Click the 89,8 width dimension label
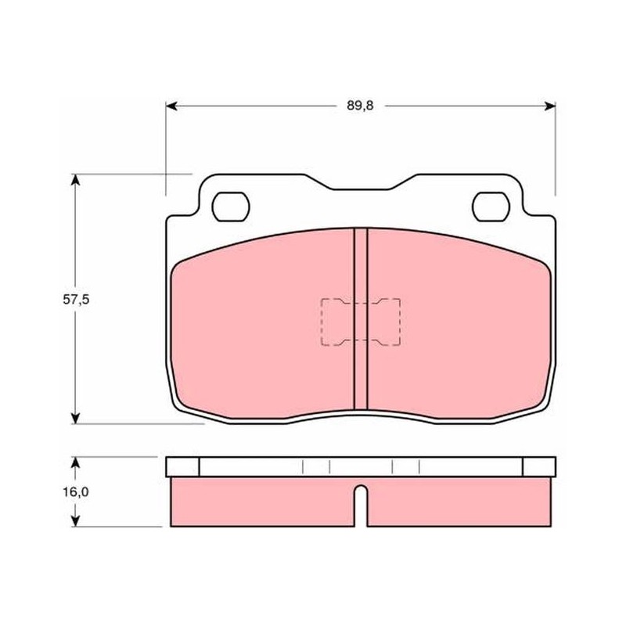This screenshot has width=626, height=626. [x=360, y=106]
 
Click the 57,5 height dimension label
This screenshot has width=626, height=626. [x=76, y=300]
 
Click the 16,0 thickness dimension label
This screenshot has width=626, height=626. [x=75, y=492]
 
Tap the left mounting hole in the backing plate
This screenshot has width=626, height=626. [x=231, y=207]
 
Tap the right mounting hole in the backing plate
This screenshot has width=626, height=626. [x=491, y=207]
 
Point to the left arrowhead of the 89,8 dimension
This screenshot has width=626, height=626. [x=171, y=106]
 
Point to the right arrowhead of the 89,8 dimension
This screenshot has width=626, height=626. [x=550, y=106]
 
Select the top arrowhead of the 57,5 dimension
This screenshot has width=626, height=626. [x=75, y=180]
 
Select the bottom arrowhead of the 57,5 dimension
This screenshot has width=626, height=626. [x=75, y=418]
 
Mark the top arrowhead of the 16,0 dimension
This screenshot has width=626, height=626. [x=75, y=462]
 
